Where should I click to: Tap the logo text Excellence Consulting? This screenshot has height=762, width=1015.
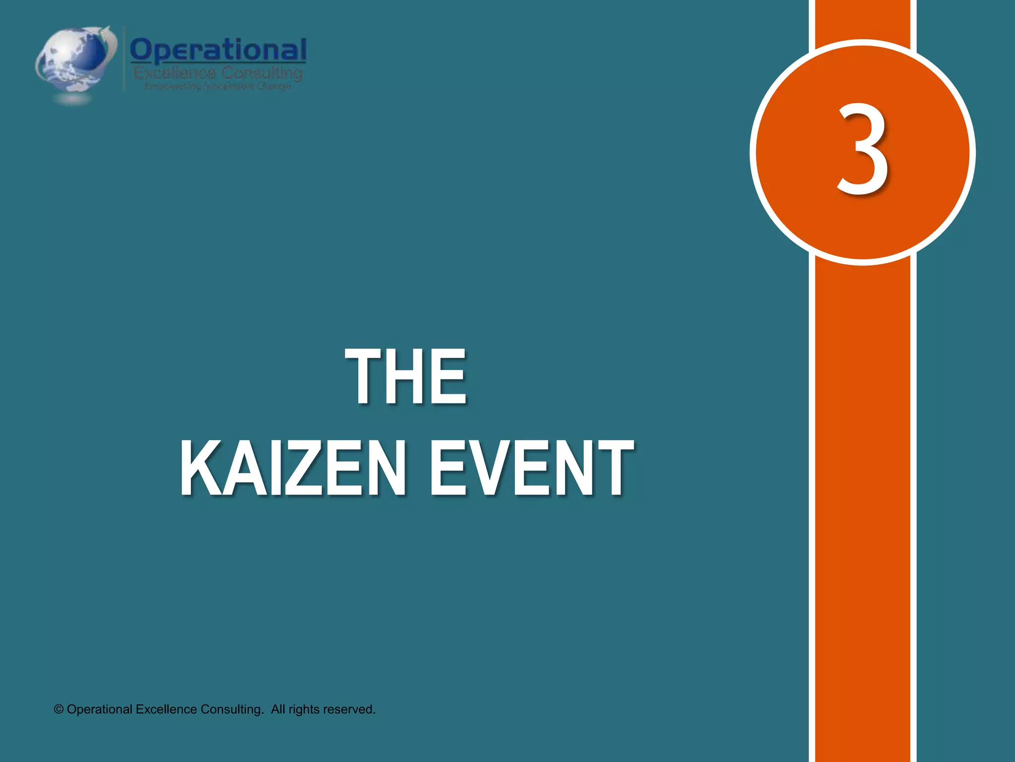point(218,73)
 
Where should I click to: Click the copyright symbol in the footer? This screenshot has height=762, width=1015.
point(59,709)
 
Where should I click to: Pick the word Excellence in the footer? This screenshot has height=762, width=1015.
point(166,709)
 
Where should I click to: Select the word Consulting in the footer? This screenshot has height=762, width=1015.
point(231,709)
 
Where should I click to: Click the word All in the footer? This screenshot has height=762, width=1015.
point(278,709)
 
